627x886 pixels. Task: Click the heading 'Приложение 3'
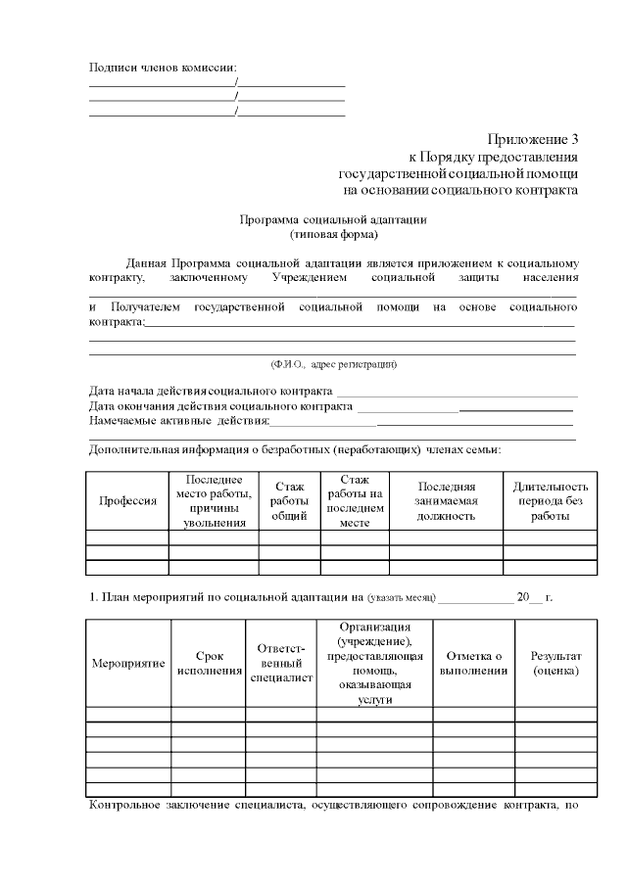tap(533, 140)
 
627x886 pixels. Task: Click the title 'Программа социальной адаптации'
tap(333, 220)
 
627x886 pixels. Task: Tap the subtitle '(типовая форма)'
tap(333, 235)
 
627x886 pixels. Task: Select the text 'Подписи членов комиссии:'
tap(163, 68)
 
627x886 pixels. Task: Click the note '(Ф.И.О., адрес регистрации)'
tap(333, 364)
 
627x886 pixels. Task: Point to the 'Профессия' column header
tap(127, 500)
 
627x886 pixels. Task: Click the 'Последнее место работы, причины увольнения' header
tap(214, 500)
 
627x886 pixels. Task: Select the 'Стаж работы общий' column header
tap(289, 500)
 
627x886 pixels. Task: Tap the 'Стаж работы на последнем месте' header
tap(354, 500)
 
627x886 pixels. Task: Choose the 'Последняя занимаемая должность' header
tap(446, 500)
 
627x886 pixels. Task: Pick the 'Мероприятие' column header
tap(127, 663)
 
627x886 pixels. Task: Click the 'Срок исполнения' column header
tap(209, 663)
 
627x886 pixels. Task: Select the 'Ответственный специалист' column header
tap(280, 663)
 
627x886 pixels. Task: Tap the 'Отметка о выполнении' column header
tap(474, 663)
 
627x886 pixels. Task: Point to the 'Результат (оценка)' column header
tap(555, 663)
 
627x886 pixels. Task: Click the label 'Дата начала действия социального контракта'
tap(204, 392)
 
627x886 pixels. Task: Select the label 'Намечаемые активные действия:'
tap(178, 420)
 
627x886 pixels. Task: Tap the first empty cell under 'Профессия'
tap(127, 537)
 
